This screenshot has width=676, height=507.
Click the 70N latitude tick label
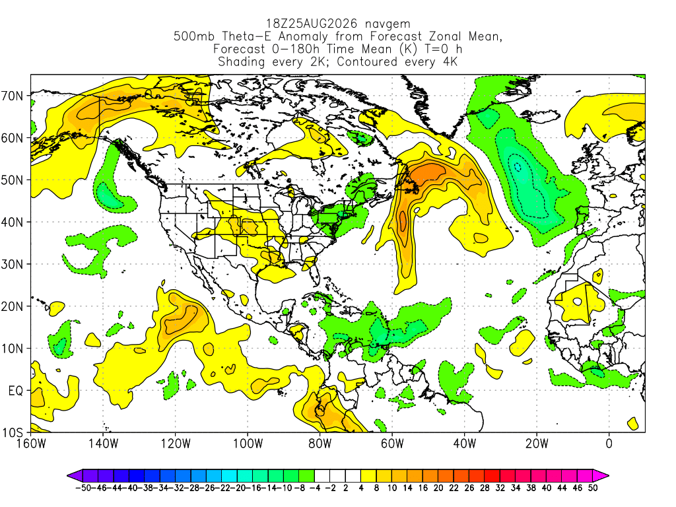(x=12, y=96)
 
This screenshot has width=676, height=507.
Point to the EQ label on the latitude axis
(x=16, y=391)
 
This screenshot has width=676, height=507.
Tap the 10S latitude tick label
(x=12, y=432)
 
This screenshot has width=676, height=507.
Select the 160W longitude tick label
(x=31, y=444)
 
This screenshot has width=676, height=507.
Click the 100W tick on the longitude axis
(x=248, y=444)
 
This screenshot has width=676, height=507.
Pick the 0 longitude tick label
(x=609, y=444)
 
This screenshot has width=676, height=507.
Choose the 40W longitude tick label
(x=464, y=444)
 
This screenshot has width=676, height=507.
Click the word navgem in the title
(x=388, y=24)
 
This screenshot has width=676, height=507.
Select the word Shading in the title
(x=242, y=62)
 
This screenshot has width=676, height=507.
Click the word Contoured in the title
(x=367, y=61)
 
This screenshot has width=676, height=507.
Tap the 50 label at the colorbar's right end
(x=593, y=488)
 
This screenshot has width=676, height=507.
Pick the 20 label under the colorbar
(x=438, y=488)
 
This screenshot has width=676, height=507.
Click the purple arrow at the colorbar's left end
(x=75, y=476)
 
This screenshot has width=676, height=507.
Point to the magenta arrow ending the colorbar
(x=601, y=476)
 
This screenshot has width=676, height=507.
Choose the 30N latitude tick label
(x=12, y=264)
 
